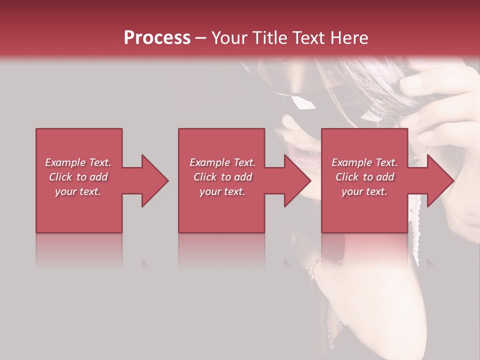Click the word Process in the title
click(x=157, y=38)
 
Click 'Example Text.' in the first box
click(x=78, y=162)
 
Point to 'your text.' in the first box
click(x=78, y=191)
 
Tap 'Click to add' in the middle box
click(x=222, y=177)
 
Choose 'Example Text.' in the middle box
click(x=222, y=162)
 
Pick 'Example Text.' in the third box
click(x=364, y=162)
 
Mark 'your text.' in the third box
click(x=364, y=191)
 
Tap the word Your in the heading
click(x=228, y=38)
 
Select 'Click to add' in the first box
click(x=78, y=177)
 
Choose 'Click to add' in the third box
click(x=364, y=177)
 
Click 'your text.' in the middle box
click(x=222, y=191)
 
